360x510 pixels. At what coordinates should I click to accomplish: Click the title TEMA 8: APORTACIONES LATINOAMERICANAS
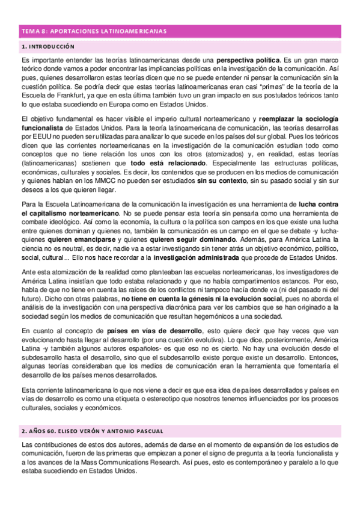click(x=94, y=31)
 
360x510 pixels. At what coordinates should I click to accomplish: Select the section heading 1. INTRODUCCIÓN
click(x=47, y=46)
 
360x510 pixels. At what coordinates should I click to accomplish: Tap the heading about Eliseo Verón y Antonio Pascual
click(x=91, y=432)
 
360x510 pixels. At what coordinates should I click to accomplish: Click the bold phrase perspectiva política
click(x=248, y=61)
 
